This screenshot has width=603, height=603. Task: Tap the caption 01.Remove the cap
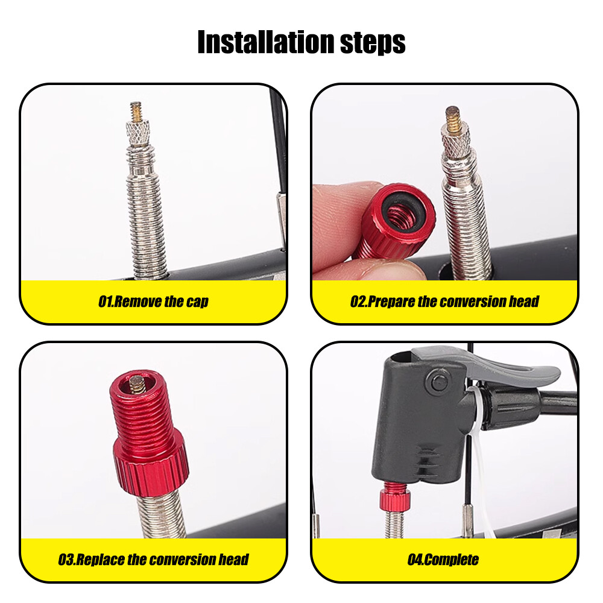(x=153, y=301)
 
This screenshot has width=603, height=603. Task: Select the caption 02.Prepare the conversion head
(x=444, y=301)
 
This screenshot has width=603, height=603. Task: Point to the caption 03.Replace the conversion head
(x=153, y=560)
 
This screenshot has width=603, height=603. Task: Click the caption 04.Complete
(x=443, y=560)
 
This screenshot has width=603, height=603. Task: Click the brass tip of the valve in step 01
(x=136, y=111)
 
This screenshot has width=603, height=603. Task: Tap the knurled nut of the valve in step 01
(x=137, y=133)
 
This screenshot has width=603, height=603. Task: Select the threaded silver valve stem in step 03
(x=161, y=516)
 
